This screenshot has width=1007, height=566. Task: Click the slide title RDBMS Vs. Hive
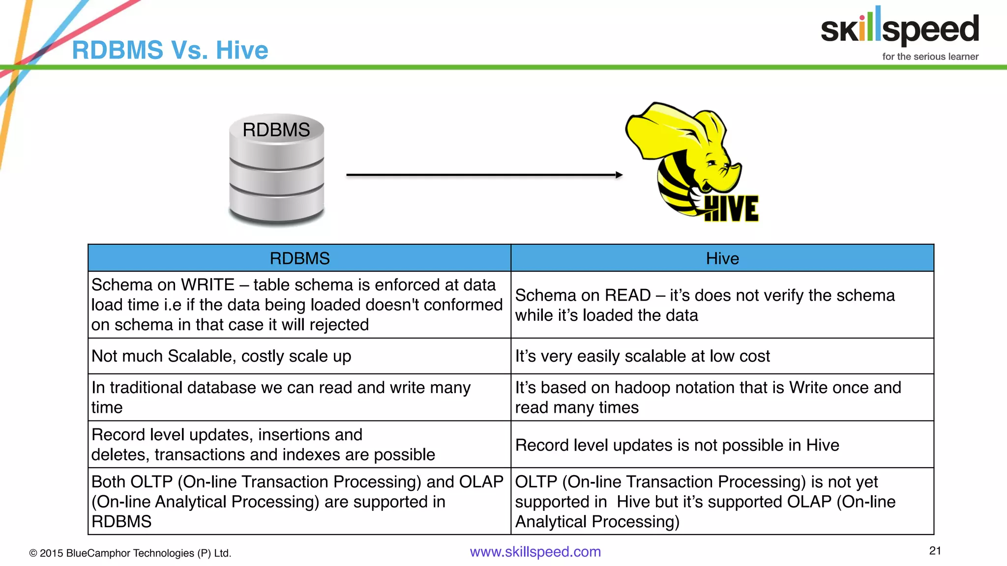(170, 50)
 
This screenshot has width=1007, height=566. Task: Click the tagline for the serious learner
(930, 57)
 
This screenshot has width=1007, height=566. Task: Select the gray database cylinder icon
(276, 170)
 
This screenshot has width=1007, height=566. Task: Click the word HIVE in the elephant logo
(731, 209)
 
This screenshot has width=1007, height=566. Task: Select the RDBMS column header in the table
(299, 258)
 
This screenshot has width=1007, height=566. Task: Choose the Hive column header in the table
(722, 258)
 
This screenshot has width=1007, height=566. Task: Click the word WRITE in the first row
(207, 285)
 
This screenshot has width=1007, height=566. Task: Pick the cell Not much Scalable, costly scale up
(221, 356)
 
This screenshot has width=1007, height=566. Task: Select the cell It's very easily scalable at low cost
(642, 356)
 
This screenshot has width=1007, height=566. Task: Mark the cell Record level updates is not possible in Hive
(677, 445)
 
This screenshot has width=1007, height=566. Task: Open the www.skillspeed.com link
(535, 552)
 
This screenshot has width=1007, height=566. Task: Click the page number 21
(935, 551)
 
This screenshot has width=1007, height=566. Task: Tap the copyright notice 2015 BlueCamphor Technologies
(130, 553)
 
